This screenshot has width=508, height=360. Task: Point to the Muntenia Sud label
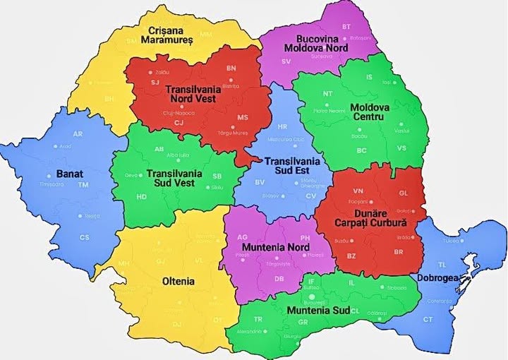point(317,310)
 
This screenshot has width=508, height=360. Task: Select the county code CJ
point(179,123)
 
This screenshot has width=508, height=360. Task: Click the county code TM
point(83,185)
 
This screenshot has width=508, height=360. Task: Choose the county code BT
point(346,27)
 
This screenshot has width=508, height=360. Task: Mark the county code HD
point(142,197)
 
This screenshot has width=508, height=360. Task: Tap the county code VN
point(358,191)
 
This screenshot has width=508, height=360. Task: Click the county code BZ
point(352,254)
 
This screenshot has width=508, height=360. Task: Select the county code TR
point(258,319)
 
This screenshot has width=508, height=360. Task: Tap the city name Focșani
point(358,203)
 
